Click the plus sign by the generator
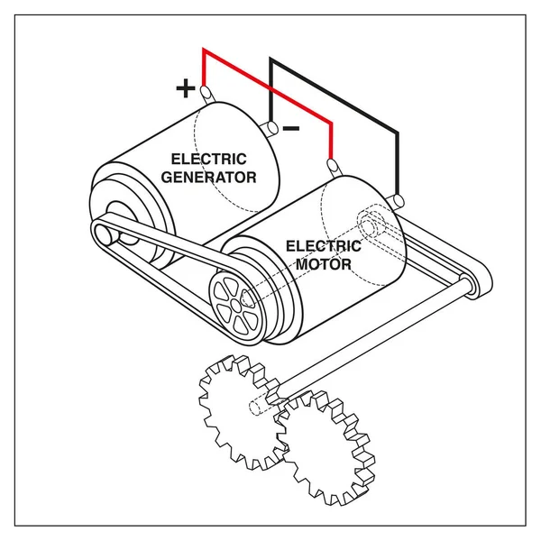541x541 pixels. pos(186,88)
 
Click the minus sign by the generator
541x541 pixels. pos(291,129)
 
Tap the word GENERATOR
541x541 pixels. pos(209,178)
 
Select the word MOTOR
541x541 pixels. pos(324,264)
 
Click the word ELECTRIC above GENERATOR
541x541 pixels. pos(209,159)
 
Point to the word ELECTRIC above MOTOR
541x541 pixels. pos(324,246)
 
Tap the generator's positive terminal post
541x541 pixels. pos(207,95)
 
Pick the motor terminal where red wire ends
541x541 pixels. pos(334,168)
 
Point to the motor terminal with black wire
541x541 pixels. pos(396,202)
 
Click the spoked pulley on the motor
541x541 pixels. pos(236,305)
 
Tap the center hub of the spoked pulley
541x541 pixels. pos(236,305)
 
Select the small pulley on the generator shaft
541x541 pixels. pos(104,235)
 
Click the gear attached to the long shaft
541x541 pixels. pos(243,412)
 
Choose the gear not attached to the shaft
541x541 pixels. pos(326,448)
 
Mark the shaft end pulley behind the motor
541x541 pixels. pos(470,286)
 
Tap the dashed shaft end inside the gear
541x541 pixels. pos(254,408)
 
